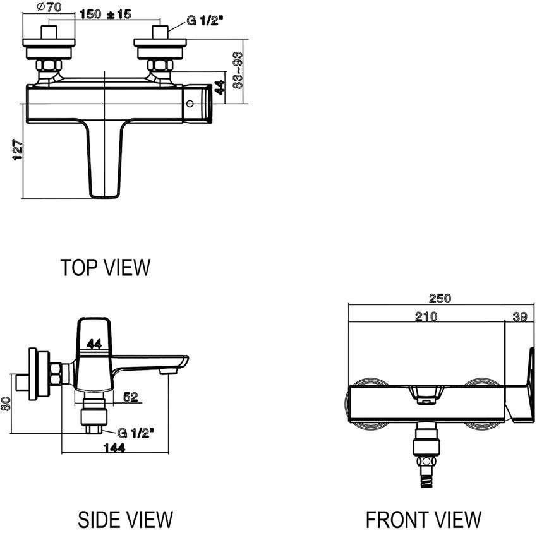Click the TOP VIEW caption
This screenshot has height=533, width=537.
[106, 267]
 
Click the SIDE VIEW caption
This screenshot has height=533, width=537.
[125, 519]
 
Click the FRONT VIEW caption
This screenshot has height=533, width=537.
[423, 519]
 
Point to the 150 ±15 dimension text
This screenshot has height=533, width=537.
[106, 15]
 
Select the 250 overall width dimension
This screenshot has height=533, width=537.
[440, 299]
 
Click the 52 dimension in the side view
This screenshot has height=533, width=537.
[131, 397]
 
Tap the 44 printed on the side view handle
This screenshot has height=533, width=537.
[94, 344]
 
